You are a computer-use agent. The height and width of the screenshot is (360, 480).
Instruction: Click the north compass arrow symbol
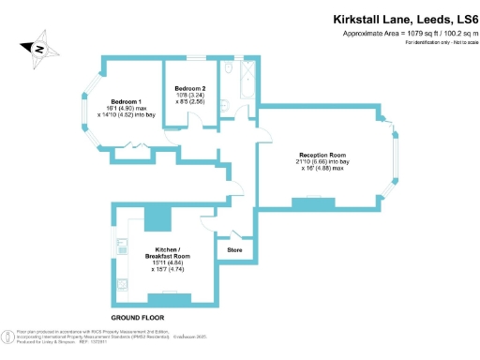coord(39,47)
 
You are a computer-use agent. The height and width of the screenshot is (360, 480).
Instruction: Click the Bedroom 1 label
coord(126,101)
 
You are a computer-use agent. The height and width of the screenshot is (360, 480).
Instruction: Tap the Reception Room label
coord(323,154)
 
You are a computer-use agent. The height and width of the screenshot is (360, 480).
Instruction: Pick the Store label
coord(234,250)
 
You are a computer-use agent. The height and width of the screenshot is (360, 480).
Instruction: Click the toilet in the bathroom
coord(229,72)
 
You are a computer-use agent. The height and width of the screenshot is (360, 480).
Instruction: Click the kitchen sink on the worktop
coord(122,283)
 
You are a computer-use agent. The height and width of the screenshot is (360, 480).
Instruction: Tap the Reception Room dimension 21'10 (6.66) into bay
coord(323,161)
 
